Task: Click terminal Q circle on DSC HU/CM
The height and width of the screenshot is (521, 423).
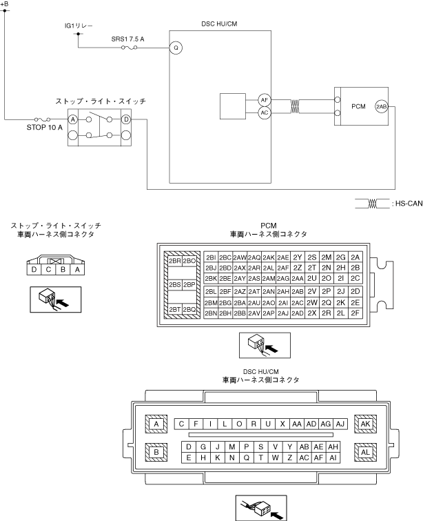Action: (176, 48)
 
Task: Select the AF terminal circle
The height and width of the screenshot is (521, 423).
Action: (264, 99)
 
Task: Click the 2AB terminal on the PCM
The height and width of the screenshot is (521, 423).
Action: (382, 106)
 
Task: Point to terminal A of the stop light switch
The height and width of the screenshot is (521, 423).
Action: (72, 119)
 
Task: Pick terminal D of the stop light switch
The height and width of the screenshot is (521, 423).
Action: (126, 119)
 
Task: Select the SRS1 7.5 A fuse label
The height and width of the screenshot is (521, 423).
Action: (127, 39)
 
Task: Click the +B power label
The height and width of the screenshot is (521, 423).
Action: (6, 4)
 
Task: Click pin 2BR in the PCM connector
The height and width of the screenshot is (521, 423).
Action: (175, 261)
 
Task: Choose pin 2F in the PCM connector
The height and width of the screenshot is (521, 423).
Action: (355, 313)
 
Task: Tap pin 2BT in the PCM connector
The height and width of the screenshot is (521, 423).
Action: (175, 309)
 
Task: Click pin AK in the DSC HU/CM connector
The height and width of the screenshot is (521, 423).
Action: (365, 424)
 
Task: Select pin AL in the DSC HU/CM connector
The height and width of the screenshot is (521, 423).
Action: (365, 452)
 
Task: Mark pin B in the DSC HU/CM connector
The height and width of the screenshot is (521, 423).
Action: (156, 452)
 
